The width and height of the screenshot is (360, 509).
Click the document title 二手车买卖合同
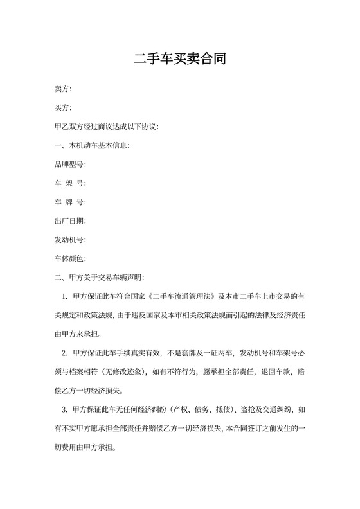click(x=180, y=60)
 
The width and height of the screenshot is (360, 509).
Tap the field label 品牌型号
click(x=71, y=165)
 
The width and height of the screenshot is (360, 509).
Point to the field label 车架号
click(x=71, y=183)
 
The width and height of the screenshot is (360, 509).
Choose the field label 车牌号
click(x=71, y=202)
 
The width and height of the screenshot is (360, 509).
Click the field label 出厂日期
click(x=71, y=221)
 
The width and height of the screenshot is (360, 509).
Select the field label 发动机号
click(x=71, y=240)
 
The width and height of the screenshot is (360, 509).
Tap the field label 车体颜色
click(x=71, y=259)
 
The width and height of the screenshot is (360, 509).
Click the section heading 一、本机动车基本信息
click(x=93, y=146)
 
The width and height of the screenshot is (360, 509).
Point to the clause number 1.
click(x=65, y=297)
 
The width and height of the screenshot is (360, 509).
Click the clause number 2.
click(x=65, y=353)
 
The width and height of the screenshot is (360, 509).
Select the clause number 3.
click(x=65, y=410)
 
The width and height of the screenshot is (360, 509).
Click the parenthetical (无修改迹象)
click(x=119, y=372)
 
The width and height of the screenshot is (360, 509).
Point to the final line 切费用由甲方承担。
click(x=86, y=448)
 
